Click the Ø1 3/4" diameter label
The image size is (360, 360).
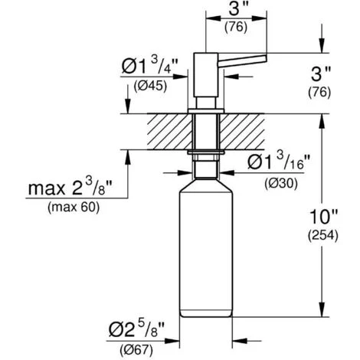[149, 66]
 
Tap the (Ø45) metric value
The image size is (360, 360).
[150, 86]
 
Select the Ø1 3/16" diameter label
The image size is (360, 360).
[279, 162]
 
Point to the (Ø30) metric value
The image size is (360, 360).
[281, 183]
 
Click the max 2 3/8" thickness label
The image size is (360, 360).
[70, 188]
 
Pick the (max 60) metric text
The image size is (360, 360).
[74, 208]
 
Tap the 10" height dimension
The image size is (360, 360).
[323, 217]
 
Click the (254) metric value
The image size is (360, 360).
[323, 235]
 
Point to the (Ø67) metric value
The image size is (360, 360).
[136, 350]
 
